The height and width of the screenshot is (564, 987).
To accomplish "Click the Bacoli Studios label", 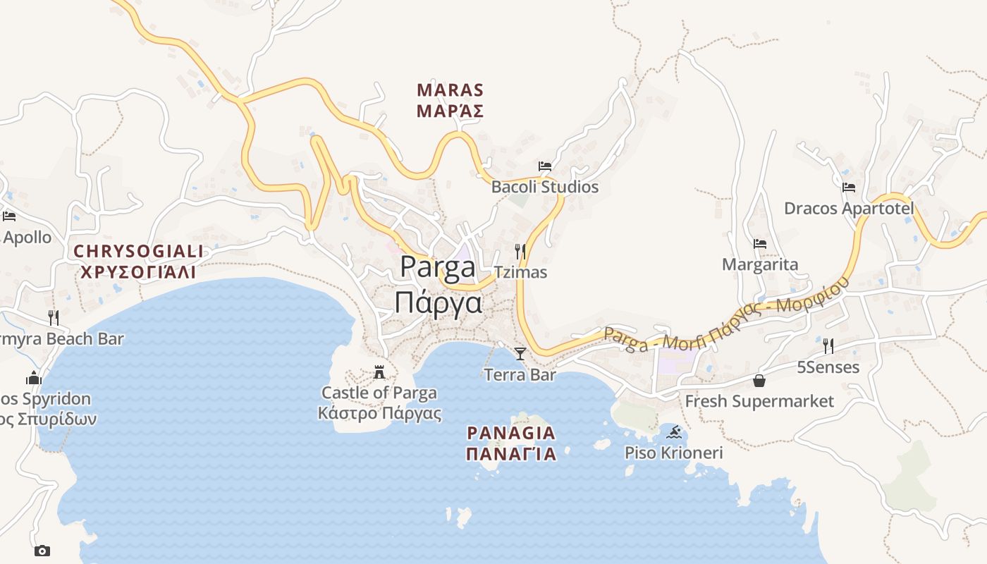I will point(544,187).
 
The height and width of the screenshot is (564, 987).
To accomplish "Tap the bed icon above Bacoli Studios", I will point(545,166).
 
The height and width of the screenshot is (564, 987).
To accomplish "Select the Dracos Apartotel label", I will point(849,209).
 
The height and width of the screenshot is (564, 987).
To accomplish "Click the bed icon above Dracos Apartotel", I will point(849,188).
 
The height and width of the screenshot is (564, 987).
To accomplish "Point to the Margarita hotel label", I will point(760,264).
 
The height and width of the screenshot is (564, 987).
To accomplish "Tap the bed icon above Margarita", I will point(760,244).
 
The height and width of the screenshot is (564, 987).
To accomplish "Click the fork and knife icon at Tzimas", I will point(520,251).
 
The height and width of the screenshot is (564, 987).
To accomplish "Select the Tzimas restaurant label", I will point(520,272).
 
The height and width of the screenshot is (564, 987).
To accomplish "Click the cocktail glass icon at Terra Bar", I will point(520,354).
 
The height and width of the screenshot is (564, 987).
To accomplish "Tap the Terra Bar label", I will point(520,375).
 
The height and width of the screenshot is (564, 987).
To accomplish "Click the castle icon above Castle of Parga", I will point(379,372).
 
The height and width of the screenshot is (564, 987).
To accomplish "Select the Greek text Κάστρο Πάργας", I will point(379,413).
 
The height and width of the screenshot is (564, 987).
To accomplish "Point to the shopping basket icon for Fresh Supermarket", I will point(759,381).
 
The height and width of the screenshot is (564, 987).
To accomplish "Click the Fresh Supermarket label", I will point(759,401).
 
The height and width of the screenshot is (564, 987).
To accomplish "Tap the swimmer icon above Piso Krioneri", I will point(674,431).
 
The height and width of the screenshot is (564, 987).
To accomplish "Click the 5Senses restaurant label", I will point(828,367).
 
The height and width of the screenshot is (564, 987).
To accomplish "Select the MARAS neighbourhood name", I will point(450,90).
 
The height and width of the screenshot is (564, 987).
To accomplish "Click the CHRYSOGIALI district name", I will point(138,251).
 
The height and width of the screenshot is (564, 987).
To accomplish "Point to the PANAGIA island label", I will point(511,433).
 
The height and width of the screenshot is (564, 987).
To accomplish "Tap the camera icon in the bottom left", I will point(42,551).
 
